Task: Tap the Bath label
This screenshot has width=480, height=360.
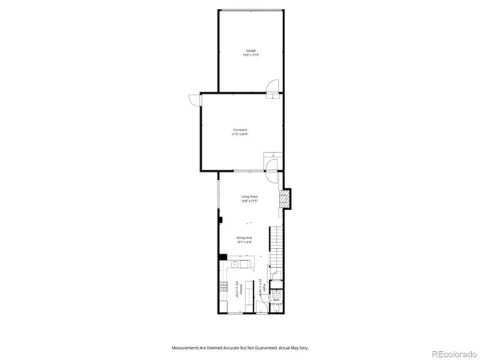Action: click(x=276, y=300)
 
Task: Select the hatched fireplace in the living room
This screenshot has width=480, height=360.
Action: click(x=284, y=199)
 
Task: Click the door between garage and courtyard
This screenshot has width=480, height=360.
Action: click(x=274, y=86)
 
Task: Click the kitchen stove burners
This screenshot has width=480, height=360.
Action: click(x=223, y=286)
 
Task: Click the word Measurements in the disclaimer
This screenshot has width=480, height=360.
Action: click(x=184, y=347)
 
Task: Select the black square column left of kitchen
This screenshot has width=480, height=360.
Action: click(x=223, y=257)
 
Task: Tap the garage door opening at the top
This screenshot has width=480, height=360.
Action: click(x=250, y=10)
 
